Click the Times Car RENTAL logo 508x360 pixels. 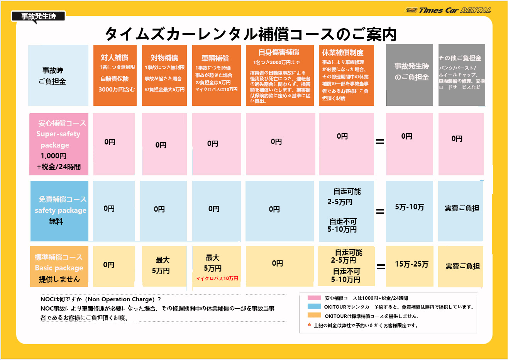click(x=448, y=10)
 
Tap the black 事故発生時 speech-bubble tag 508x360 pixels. click(x=38, y=17)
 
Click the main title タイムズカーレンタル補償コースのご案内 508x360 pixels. click(x=251, y=34)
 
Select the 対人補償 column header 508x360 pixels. click(x=114, y=58)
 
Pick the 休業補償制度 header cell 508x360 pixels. click(x=343, y=53)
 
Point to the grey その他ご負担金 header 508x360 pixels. click(x=460, y=58)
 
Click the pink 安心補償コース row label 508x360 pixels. click(x=59, y=144)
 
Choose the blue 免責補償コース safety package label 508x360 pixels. click(x=59, y=211)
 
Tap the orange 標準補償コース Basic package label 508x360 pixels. click(x=59, y=267)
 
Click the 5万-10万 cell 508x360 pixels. click(x=409, y=207)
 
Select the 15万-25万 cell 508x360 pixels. click(x=411, y=265)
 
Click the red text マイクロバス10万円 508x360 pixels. click(x=217, y=278)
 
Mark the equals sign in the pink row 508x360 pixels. click(x=380, y=142)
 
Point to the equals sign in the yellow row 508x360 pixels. click(x=381, y=267)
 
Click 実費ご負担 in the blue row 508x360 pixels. click(x=462, y=209)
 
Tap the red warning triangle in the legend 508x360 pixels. click(x=309, y=325)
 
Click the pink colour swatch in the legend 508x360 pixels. click(x=314, y=298)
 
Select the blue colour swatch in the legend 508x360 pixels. click(x=314, y=307)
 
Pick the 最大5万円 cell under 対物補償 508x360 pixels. click(x=163, y=265)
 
